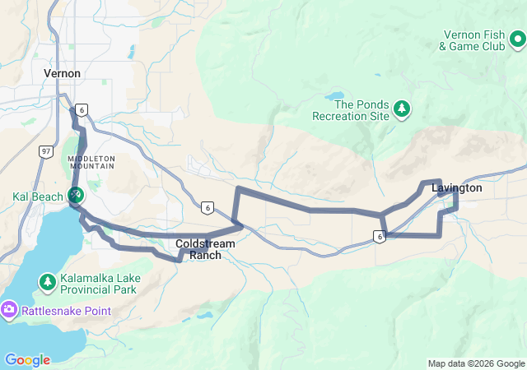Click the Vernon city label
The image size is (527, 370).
(x=62, y=73)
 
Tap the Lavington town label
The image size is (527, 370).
(x=456, y=187)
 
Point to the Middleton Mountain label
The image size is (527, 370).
(x=91, y=162)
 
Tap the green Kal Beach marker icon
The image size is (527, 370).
(x=75, y=195)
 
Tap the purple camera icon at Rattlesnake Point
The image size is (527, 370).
(x=9, y=309)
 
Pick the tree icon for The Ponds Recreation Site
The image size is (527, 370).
(x=402, y=108)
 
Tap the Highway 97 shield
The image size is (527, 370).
(x=46, y=150)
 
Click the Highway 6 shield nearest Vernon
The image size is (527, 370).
(x=81, y=109)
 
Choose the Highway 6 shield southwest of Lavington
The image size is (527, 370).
(x=378, y=237)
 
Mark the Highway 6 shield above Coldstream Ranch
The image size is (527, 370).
(x=207, y=207)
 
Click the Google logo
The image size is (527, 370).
(x=27, y=359)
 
